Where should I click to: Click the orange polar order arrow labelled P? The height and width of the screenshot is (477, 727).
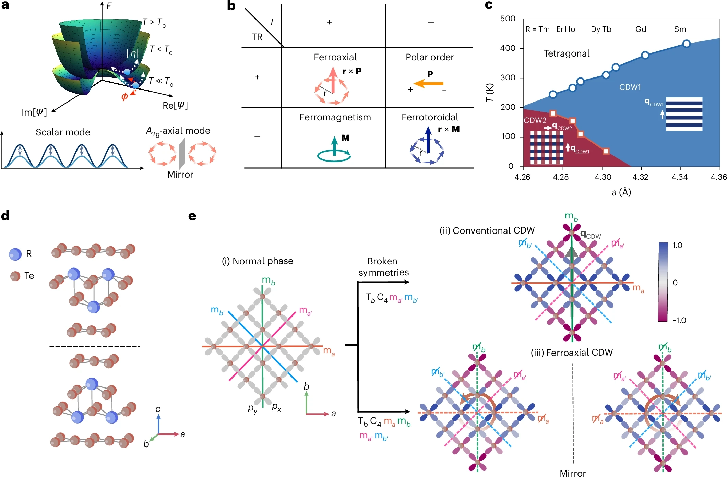click(x=428, y=83)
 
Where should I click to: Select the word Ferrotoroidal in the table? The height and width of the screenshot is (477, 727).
click(x=430, y=117)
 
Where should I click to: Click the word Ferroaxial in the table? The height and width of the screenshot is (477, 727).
click(x=335, y=57)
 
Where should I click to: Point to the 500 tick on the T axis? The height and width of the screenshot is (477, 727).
click(x=508, y=19)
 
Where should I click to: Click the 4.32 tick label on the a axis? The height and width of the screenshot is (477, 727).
click(x=640, y=177)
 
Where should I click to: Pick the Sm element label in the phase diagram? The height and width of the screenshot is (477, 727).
click(x=680, y=29)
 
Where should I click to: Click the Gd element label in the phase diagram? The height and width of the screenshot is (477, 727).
click(x=641, y=29)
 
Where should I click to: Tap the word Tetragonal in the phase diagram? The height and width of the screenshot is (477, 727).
click(x=567, y=53)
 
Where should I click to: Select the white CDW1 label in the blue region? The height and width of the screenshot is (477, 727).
click(x=630, y=87)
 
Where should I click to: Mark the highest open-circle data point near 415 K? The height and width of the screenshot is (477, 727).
click(x=686, y=44)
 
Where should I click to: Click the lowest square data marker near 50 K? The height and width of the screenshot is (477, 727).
click(x=606, y=151)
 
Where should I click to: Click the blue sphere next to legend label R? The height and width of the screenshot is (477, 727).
click(x=15, y=254)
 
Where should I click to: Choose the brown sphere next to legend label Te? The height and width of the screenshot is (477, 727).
click(x=15, y=276)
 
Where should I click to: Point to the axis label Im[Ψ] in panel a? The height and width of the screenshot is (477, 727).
click(x=34, y=112)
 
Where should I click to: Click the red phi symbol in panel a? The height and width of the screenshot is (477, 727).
click(x=124, y=97)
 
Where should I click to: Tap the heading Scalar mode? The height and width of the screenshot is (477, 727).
click(x=63, y=132)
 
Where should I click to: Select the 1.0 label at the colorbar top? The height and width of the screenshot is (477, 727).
click(x=677, y=246)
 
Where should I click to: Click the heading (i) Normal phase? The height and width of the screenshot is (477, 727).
click(x=257, y=261)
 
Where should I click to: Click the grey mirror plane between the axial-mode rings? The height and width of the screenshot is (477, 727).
click(x=182, y=154)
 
